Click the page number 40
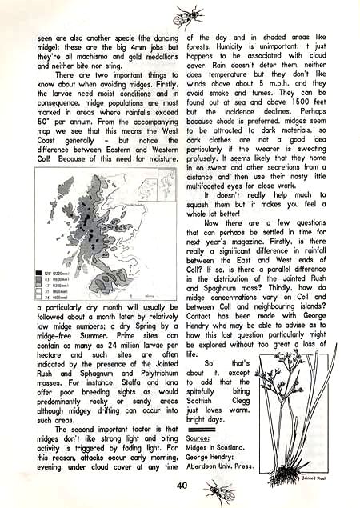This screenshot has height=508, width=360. [182, 483]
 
